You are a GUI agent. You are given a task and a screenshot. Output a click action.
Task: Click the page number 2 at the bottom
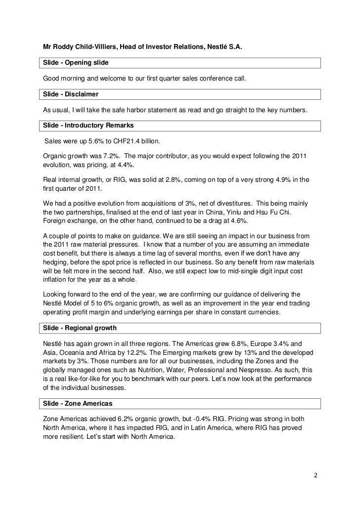tap(315, 475)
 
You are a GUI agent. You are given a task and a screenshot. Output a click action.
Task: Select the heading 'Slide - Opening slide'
tap(76, 63)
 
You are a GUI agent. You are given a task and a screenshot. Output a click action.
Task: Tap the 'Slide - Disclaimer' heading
tap(71, 94)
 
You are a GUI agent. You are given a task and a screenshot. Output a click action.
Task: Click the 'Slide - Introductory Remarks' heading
tap(88, 125)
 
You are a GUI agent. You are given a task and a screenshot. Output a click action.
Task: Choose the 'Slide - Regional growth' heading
tap(80, 328)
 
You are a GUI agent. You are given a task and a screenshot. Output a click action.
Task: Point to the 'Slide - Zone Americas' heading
tap(78, 404)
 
